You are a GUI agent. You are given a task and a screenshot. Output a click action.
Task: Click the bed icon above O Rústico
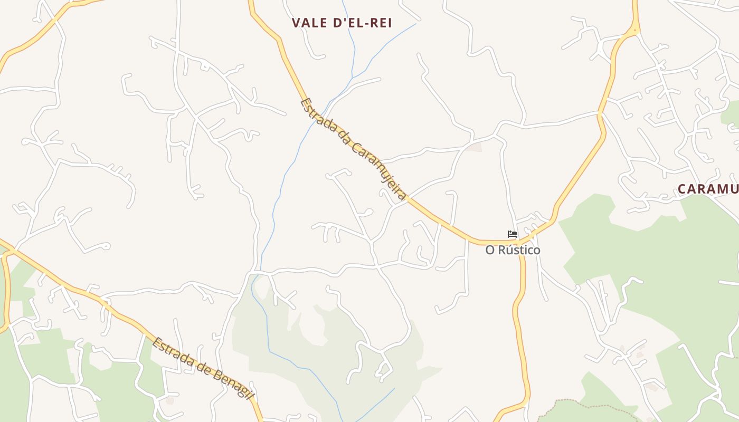point(512,234)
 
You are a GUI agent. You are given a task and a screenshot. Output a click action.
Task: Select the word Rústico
point(519,250)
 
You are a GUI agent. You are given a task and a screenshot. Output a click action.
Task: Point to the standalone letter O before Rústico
point(490,250)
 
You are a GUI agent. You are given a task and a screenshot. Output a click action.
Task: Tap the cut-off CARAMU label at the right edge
point(708,189)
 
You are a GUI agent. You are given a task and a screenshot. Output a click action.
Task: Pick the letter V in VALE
point(296,23)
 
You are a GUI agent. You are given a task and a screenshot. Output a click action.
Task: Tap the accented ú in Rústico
point(506,250)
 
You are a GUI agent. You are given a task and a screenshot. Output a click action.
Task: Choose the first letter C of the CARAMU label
point(682,189)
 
